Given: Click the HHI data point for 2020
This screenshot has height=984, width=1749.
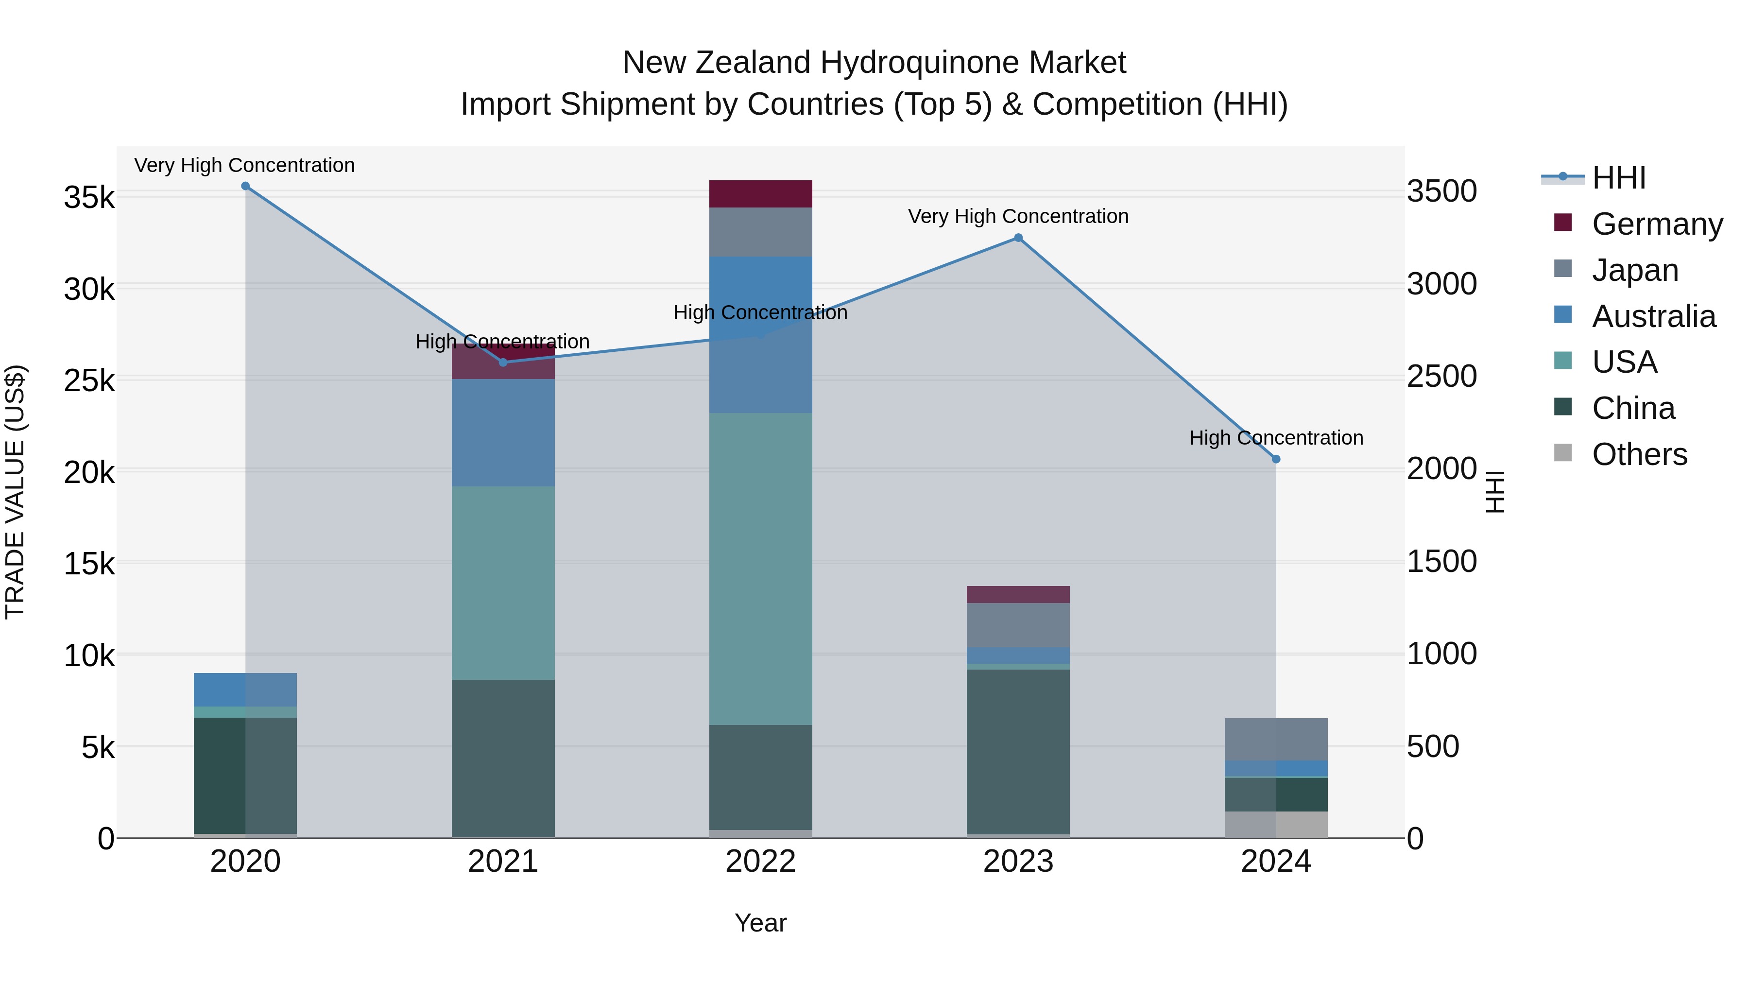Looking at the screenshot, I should [x=245, y=186].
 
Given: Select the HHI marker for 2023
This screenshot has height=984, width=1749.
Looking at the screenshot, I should [x=1018, y=238].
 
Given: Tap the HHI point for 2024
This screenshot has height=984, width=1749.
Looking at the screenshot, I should [x=1276, y=459].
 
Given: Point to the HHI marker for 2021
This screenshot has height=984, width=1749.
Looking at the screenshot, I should [x=503, y=362].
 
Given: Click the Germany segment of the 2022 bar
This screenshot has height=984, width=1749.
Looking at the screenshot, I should [x=760, y=193].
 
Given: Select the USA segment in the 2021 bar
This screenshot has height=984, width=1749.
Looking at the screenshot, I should [x=503, y=583].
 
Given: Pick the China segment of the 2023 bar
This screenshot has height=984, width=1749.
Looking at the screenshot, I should [x=1018, y=751].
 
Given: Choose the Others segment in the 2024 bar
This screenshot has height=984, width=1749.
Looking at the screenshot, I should [x=1276, y=825].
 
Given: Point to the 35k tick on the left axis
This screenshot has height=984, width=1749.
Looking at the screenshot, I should [x=89, y=198].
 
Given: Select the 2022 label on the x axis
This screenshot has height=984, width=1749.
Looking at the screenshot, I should [x=760, y=862].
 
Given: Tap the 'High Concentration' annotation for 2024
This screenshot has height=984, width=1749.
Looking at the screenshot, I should [x=1276, y=438].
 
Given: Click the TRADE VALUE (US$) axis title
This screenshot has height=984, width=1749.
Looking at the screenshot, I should [x=15, y=492].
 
